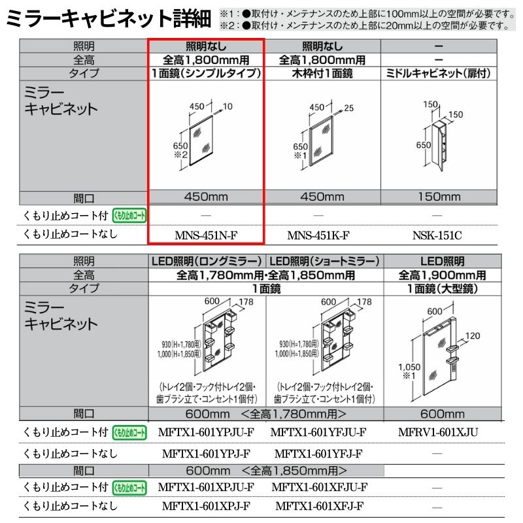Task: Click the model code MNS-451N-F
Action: [x=206, y=234]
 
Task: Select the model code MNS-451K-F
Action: [x=318, y=234]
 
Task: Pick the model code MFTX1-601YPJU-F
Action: [x=206, y=432]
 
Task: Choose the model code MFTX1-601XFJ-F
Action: [x=319, y=506]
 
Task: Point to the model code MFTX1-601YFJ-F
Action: [x=319, y=454]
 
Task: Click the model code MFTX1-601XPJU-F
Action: [x=206, y=487]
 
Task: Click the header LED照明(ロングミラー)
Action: [x=206, y=261]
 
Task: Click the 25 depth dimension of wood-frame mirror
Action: [x=347, y=107]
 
